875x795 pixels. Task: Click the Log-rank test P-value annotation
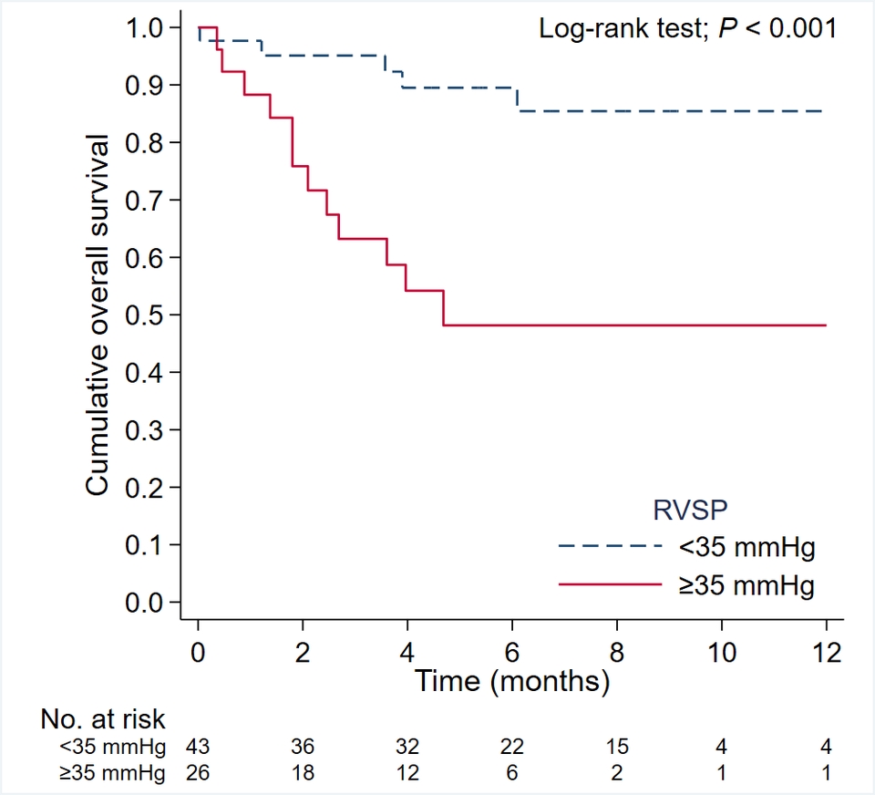687,28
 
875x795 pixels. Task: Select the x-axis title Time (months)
512,679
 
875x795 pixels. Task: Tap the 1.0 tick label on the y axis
147,28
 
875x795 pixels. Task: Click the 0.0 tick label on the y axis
147,603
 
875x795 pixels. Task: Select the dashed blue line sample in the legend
609,547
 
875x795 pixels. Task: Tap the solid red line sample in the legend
609,583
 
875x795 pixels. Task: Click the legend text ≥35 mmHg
746,583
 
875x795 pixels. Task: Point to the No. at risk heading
103,719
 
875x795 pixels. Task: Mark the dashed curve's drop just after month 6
518,99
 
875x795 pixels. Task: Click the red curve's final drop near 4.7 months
444,308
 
